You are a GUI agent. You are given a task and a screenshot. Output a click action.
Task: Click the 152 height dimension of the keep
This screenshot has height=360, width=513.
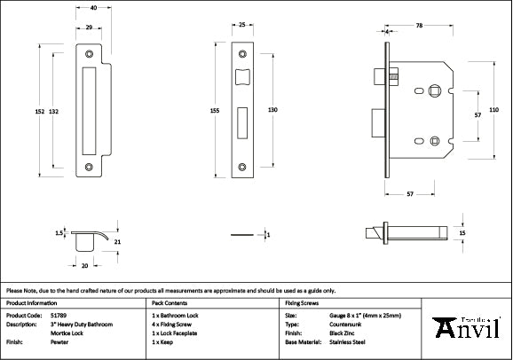[x=40, y=111]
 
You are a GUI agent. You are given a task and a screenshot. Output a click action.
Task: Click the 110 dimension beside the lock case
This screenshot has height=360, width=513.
[x=494, y=109]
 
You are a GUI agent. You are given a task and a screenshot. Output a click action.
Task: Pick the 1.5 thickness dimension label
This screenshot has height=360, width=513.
[x=59, y=233]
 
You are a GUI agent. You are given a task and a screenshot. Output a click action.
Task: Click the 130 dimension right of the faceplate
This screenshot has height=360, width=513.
[x=272, y=110]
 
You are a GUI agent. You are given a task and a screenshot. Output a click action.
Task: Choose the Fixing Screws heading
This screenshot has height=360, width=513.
[x=303, y=302]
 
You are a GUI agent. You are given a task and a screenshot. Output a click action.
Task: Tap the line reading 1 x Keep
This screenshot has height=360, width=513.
[x=162, y=340]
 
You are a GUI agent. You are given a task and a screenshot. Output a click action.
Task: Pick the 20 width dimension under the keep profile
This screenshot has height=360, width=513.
[x=85, y=264]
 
